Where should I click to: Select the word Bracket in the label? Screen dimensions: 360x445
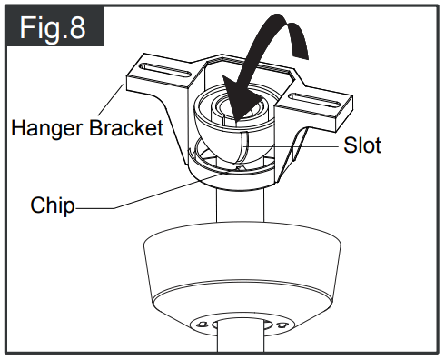pos(126,126)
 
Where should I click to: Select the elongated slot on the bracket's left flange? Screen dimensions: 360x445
pos(163,69)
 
